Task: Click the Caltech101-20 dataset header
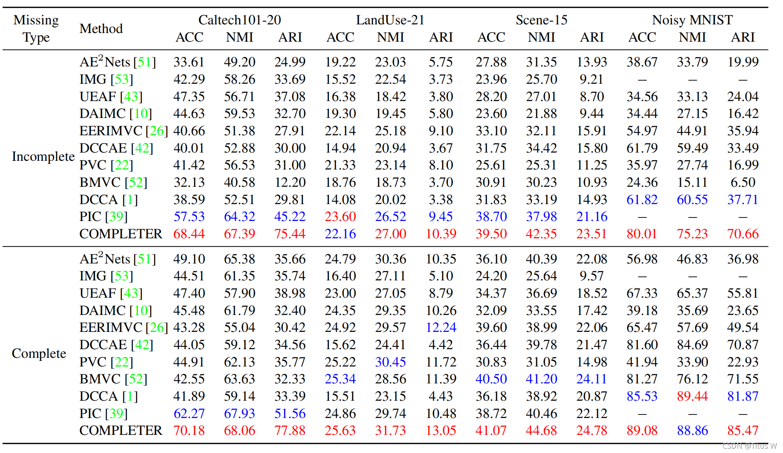click(239, 20)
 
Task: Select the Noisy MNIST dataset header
click(692, 20)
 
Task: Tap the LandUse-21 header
click(390, 20)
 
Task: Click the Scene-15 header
click(541, 20)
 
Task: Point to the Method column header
click(101, 29)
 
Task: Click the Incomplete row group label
click(43, 157)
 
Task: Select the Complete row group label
click(39, 354)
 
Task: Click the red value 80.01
click(641, 234)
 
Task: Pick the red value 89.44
click(692, 396)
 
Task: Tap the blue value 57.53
click(189, 217)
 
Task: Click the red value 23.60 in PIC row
click(340, 217)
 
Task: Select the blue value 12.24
click(441, 328)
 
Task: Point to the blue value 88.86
click(692, 431)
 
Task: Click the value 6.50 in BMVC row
click(743, 182)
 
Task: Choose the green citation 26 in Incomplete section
click(157, 131)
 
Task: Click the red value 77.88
click(290, 431)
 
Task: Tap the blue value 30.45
click(390, 362)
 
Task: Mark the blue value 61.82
click(641, 200)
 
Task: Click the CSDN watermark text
click(749, 446)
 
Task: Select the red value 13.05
click(441, 431)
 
